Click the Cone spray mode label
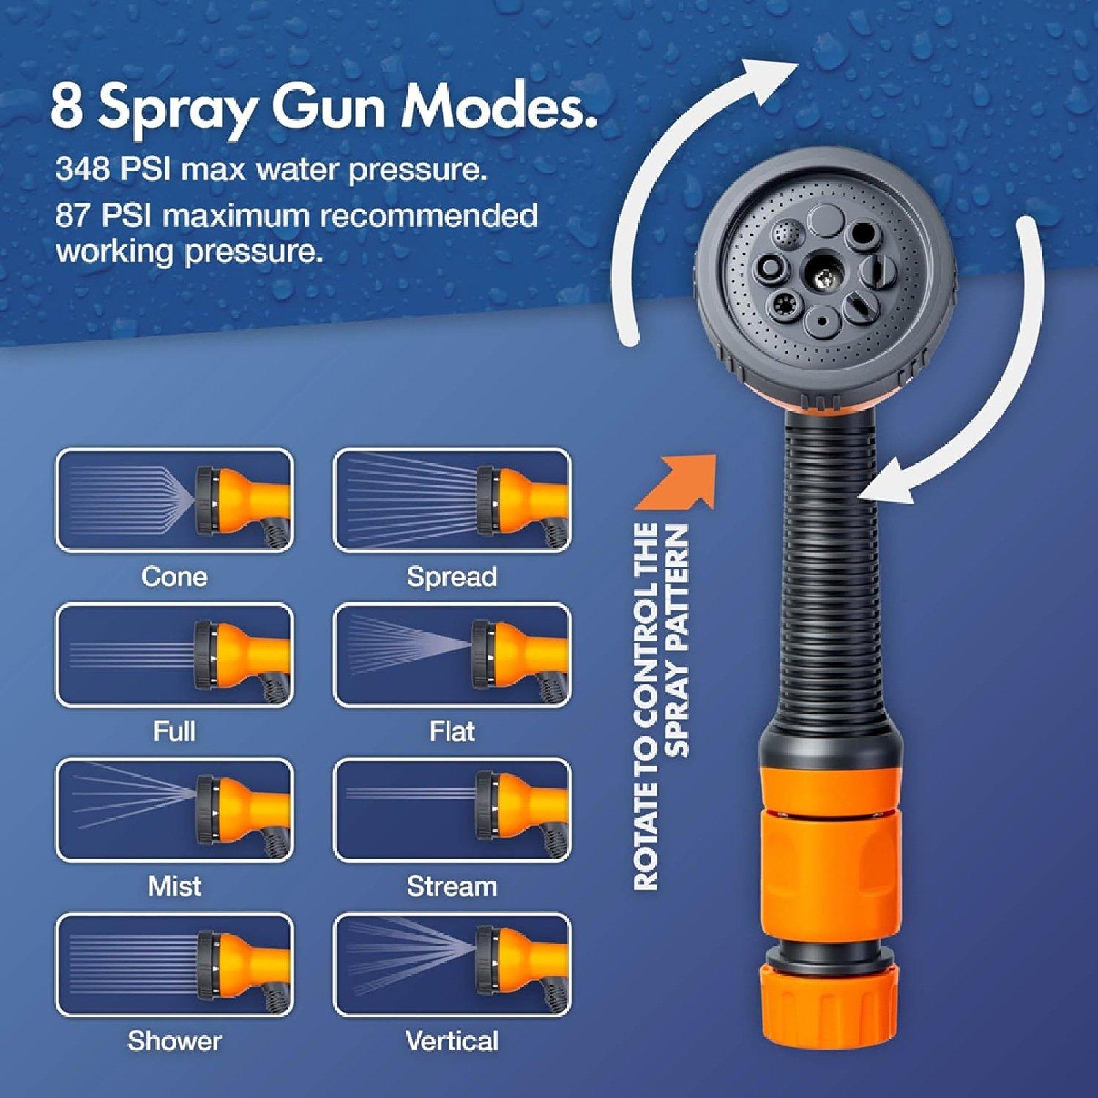click(174, 577)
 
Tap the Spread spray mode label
click(452, 577)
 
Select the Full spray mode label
click(174, 731)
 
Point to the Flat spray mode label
click(452, 731)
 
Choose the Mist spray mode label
click(174, 886)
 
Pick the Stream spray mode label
click(452, 886)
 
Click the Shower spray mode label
click(174, 1041)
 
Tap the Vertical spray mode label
click(452, 1041)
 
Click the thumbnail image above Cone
click(174, 501)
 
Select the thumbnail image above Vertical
click(452, 966)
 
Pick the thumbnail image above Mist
click(174, 810)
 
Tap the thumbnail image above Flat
click(452, 656)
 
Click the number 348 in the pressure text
click(82, 170)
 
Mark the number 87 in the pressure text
click(72, 216)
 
